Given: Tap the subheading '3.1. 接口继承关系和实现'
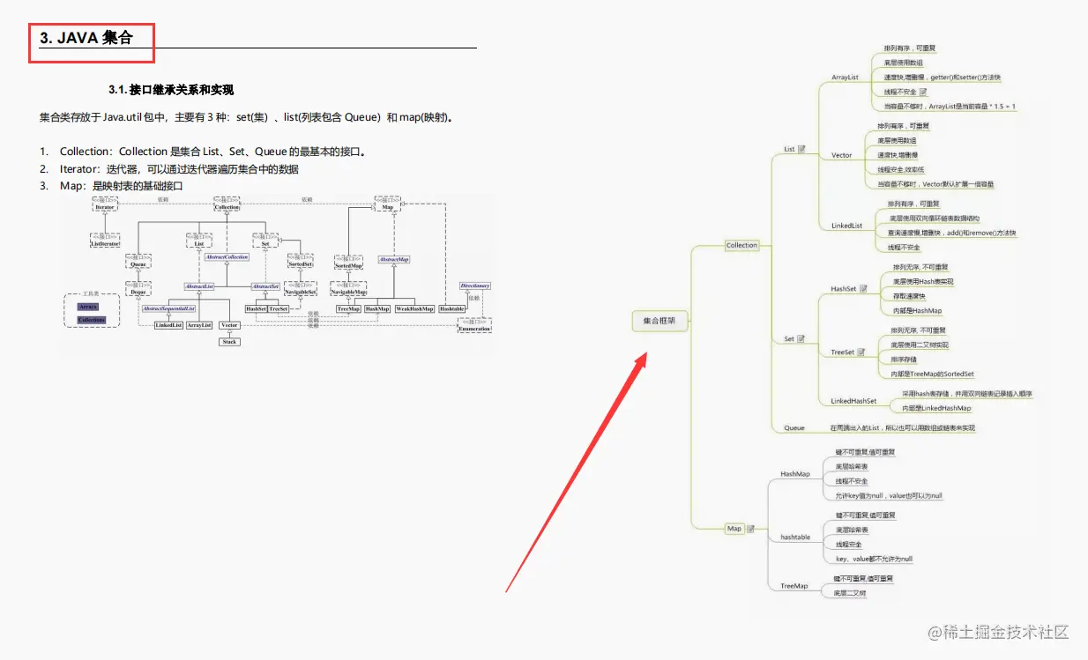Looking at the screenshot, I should coord(171,90).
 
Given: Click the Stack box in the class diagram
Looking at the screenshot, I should coord(229,341).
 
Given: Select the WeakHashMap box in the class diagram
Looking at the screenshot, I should coord(414,309).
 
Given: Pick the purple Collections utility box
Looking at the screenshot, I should coord(91,320).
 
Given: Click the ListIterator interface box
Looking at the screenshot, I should coord(105,240).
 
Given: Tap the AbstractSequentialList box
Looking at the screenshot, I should coord(169,309).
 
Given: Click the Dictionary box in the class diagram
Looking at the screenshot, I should coord(475,286).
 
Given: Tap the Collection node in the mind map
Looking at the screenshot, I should coord(741,245).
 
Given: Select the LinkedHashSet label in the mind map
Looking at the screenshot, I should coord(853,401).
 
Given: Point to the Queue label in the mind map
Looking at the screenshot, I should coord(794,428).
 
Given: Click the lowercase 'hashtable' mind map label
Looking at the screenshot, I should coord(795,537).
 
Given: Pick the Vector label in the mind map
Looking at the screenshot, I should coord(842,155).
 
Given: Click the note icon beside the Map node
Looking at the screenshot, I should coord(750,529).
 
